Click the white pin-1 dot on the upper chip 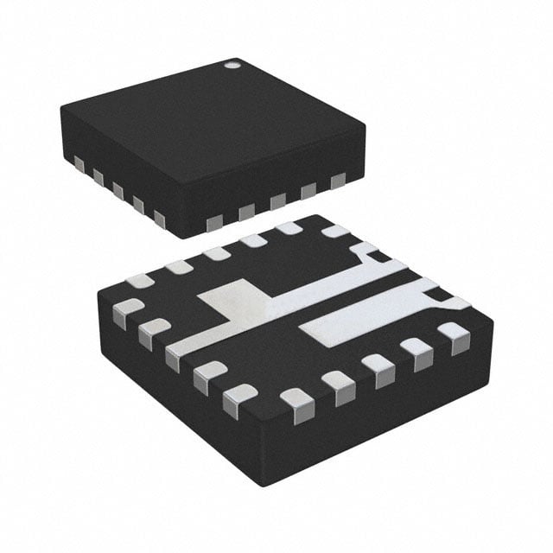[x=232, y=63]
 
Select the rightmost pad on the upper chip [x=337, y=180]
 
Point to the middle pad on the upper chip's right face [x=277, y=200]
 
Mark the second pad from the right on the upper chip [x=308, y=189]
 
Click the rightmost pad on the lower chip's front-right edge [x=451, y=333]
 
